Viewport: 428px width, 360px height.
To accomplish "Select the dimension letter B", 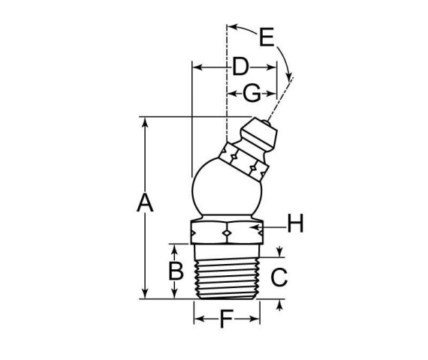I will [175, 271].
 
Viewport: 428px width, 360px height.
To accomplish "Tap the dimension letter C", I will [279, 277].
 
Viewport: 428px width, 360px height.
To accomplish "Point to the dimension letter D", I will [240, 67].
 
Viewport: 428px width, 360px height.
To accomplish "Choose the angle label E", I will [266, 36].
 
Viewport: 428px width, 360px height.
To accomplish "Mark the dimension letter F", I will [226, 320].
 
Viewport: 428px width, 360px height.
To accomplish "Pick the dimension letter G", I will [252, 94].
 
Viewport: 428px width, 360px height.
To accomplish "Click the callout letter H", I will [296, 223].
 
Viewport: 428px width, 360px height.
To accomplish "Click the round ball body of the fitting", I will [225, 191].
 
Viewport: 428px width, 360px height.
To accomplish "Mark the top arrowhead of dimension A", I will [145, 120].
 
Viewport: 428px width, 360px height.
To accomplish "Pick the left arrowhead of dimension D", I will [197, 67].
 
